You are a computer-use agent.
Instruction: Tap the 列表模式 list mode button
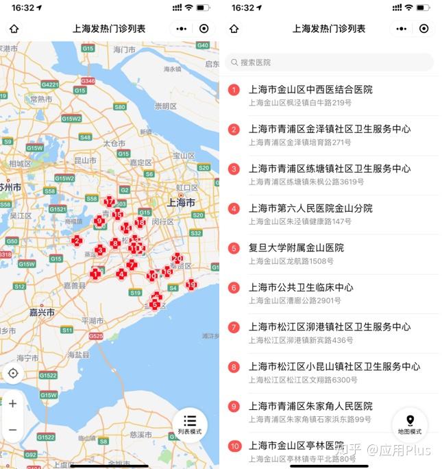[190, 424]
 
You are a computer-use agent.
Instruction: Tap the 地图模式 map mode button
[410, 424]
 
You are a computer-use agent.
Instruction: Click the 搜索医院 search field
[329, 62]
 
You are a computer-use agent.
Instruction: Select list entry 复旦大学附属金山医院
[296, 248]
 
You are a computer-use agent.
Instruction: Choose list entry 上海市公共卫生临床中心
[301, 287]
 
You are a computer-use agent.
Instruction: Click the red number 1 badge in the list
[234, 90]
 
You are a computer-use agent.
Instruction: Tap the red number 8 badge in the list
[234, 367]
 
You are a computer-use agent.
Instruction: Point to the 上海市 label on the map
[181, 203]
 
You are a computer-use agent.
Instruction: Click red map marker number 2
[77, 241]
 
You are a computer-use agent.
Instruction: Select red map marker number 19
[191, 285]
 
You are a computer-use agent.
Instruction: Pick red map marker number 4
[121, 274]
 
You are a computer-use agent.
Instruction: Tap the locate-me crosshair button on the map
[12, 374]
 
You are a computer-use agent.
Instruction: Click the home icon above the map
[14, 29]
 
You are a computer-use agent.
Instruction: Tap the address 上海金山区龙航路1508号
[291, 261]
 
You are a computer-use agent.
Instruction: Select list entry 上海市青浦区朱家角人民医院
[310, 406]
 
